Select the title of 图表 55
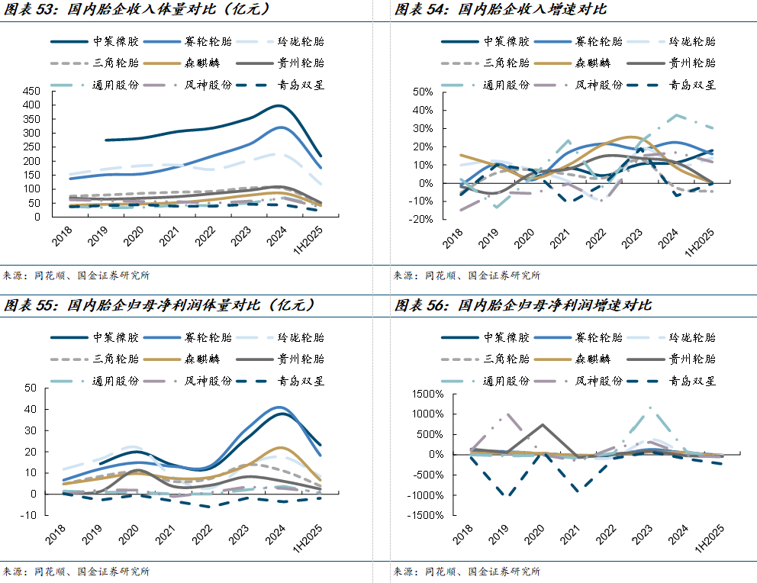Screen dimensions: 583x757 (160, 305)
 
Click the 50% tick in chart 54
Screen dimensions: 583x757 (423, 91)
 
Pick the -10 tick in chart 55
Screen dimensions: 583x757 (28, 515)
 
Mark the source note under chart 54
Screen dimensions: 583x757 (466, 275)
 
